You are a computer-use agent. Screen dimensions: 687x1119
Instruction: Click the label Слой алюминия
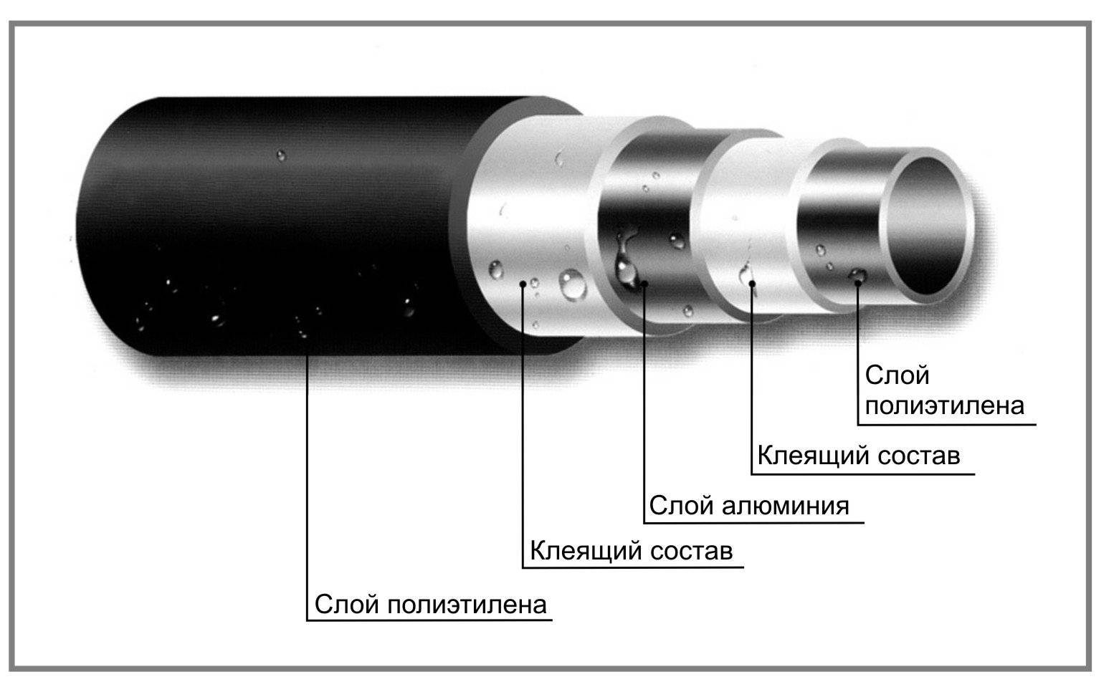748,506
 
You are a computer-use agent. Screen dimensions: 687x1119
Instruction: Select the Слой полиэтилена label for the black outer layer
430,604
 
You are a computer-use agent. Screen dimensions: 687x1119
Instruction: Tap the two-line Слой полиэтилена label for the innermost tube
944,390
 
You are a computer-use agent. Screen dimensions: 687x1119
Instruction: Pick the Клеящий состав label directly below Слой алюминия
631,552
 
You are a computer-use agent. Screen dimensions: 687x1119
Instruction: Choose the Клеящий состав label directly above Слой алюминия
858,456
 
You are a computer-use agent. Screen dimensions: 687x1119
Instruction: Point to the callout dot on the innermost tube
858,282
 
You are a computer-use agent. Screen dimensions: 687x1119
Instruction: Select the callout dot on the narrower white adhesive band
752,284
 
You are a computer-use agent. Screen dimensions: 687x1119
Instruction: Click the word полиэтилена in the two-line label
944,406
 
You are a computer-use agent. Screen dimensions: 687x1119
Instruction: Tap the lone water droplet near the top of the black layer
280,154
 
